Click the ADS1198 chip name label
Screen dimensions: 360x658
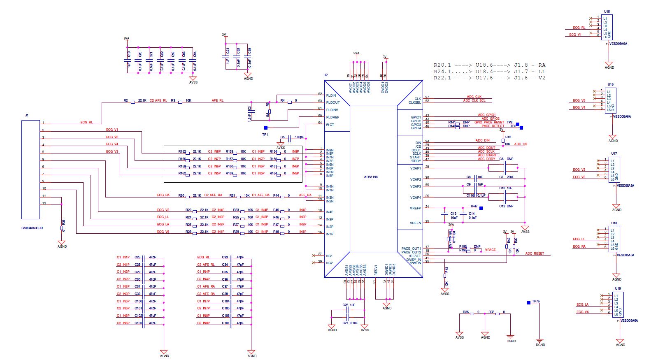(x=370, y=177)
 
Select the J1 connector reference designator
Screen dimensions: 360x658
(x=27, y=115)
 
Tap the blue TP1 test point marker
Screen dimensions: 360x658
(x=265, y=128)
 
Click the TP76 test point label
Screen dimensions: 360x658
(x=535, y=301)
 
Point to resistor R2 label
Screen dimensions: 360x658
(x=126, y=100)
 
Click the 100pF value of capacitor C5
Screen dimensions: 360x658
(x=299, y=137)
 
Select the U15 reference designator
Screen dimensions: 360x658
(x=607, y=12)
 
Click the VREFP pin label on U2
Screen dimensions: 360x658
(x=415, y=208)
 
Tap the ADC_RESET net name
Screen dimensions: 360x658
(x=534, y=253)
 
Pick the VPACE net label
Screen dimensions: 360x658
(x=490, y=250)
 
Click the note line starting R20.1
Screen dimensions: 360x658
(x=489, y=65)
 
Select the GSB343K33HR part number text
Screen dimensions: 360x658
(x=32, y=228)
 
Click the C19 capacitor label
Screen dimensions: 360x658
(x=129, y=54)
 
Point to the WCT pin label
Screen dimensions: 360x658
(x=330, y=125)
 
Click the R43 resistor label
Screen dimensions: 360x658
(x=446, y=270)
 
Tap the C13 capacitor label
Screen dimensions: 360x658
(x=453, y=214)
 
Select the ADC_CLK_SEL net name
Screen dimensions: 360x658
(x=474, y=100)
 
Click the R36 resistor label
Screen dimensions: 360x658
(x=465, y=312)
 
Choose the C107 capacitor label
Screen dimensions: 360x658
(x=226, y=323)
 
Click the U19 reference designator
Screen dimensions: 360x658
(x=618, y=288)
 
